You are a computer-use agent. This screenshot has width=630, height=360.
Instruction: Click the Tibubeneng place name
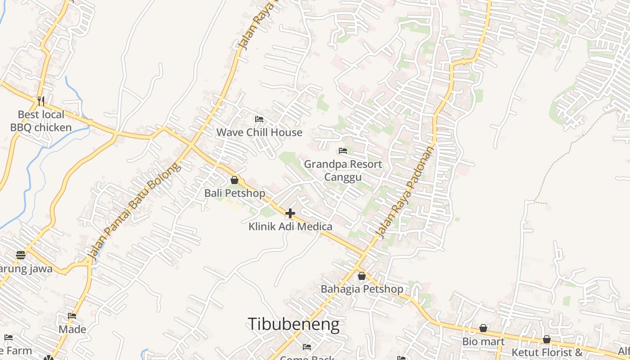[x=293, y=324]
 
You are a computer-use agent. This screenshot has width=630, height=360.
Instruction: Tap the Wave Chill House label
[x=259, y=132]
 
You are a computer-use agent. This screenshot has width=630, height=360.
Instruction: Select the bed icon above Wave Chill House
[x=259, y=119]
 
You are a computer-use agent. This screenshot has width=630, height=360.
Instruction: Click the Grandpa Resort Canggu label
[x=343, y=171]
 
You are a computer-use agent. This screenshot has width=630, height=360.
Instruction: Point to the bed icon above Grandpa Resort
[x=343, y=150]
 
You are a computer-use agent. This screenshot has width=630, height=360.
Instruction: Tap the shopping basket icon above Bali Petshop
[x=234, y=180]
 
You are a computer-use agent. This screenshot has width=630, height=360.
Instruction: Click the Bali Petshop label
[x=235, y=193]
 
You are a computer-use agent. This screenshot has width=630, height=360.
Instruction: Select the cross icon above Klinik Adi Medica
[x=290, y=213]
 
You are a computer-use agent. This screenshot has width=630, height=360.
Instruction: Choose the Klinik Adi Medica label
[x=290, y=226]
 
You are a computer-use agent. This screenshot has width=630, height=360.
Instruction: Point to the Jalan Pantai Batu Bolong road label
[x=135, y=211]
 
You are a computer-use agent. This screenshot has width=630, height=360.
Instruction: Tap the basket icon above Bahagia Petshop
[x=361, y=276]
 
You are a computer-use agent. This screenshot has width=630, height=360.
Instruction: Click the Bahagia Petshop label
[x=362, y=289]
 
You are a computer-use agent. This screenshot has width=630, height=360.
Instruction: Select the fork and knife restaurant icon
[x=41, y=100]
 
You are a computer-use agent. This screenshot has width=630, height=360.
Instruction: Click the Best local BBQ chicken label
[x=41, y=121]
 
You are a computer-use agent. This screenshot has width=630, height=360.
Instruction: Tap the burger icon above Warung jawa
[x=21, y=255]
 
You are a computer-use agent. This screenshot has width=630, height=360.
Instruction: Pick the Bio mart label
[x=483, y=341]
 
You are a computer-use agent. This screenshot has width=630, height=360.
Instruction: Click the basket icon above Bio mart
[x=483, y=328]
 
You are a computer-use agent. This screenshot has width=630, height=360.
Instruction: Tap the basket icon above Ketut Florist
[x=547, y=339]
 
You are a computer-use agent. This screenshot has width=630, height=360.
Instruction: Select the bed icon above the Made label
[x=72, y=316]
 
